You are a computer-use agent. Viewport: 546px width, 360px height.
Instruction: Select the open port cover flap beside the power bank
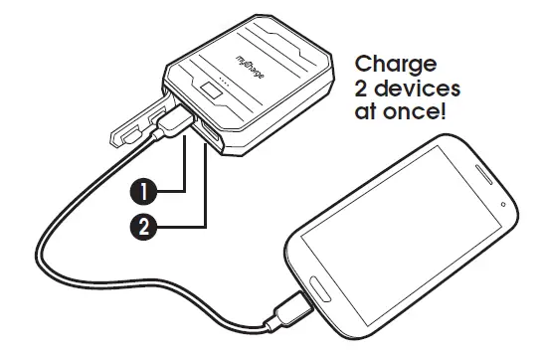[x=133, y=125]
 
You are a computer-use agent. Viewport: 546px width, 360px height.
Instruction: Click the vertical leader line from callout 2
[x=205, y=189]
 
